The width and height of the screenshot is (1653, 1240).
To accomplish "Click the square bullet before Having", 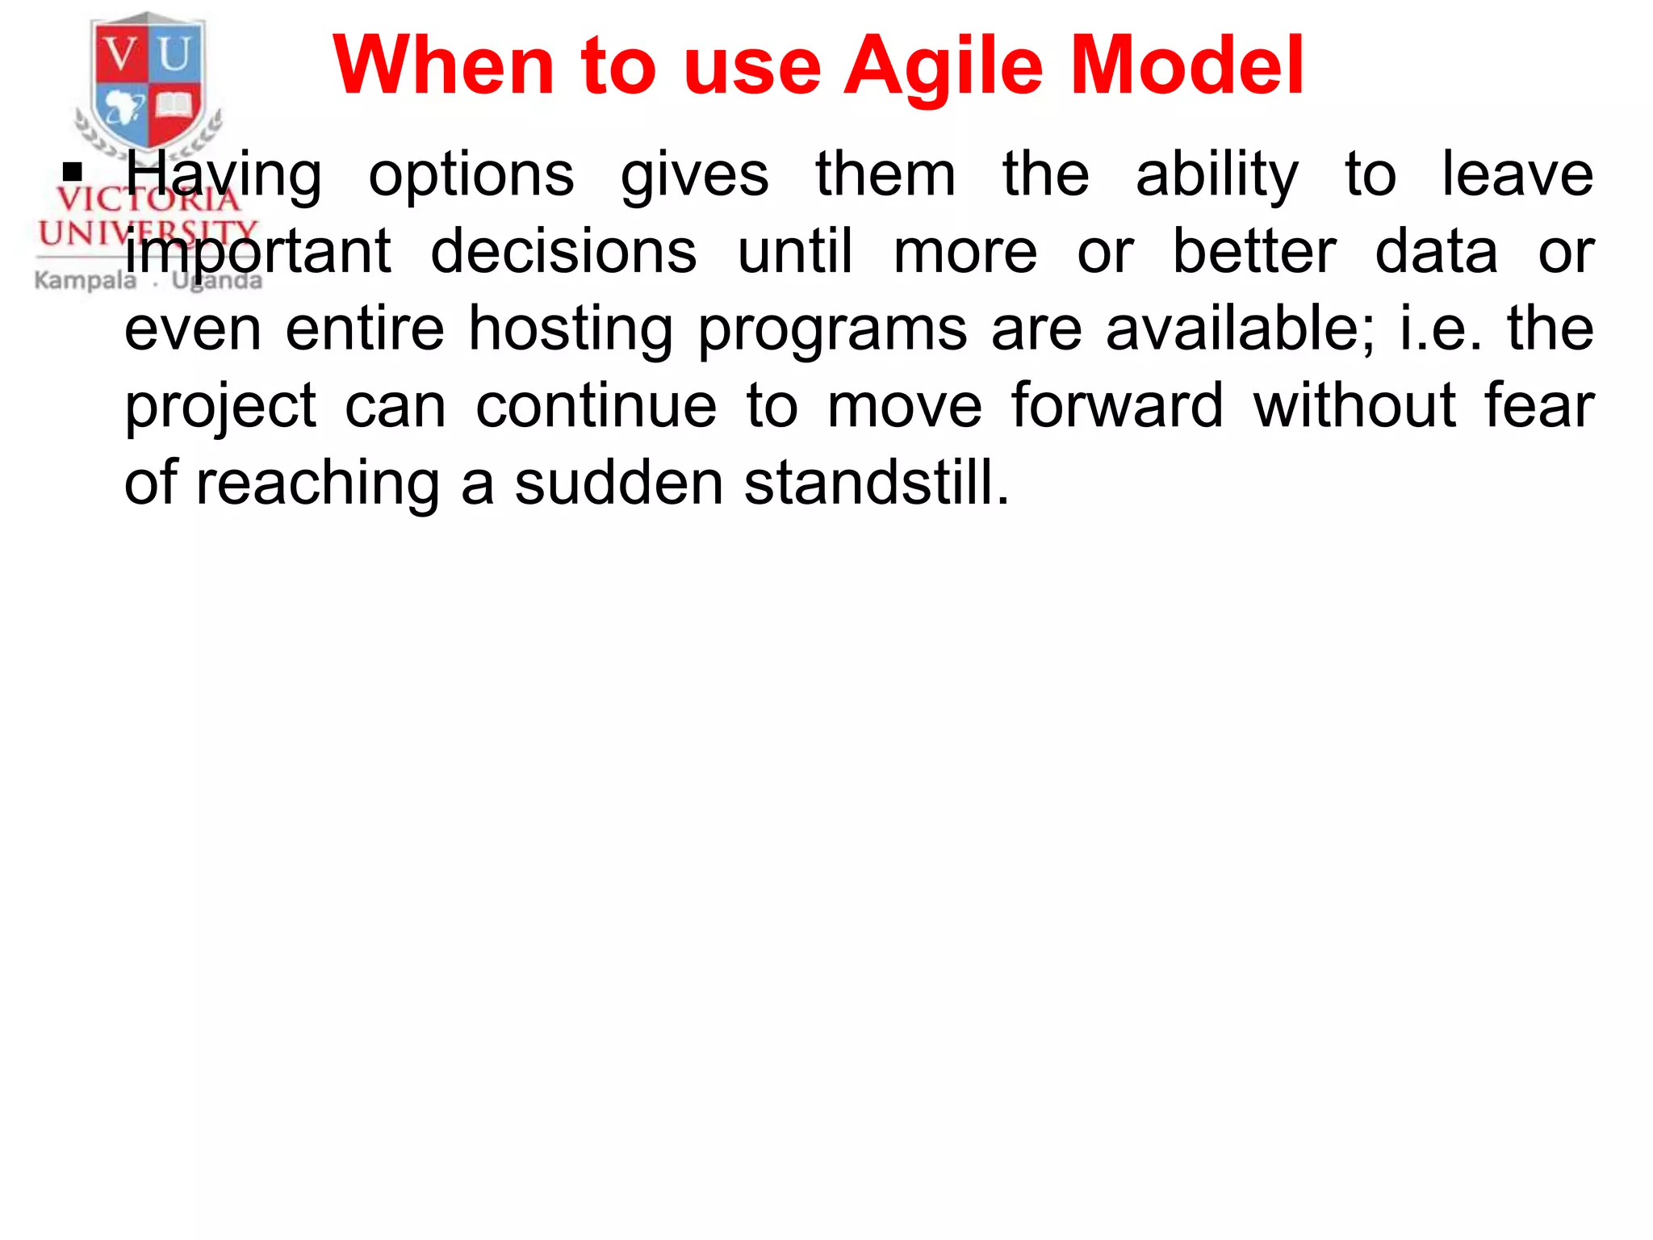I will (73, 172).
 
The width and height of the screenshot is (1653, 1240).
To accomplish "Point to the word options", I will (471, 176).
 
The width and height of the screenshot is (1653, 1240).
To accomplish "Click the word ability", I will (1216, 176).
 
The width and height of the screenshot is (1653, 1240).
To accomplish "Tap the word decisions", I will (563, 252).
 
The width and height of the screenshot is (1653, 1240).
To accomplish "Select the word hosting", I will (571, 329).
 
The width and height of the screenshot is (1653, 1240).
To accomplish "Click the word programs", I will (832, 329).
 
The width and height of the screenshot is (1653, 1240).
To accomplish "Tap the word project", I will (220, 407).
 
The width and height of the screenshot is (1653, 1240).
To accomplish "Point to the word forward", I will (1117, 405).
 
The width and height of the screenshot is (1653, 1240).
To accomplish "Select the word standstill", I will (877, 483).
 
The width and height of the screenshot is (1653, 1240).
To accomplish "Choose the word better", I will (1254, 252).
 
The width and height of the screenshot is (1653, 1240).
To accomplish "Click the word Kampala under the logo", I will (86, 280).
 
